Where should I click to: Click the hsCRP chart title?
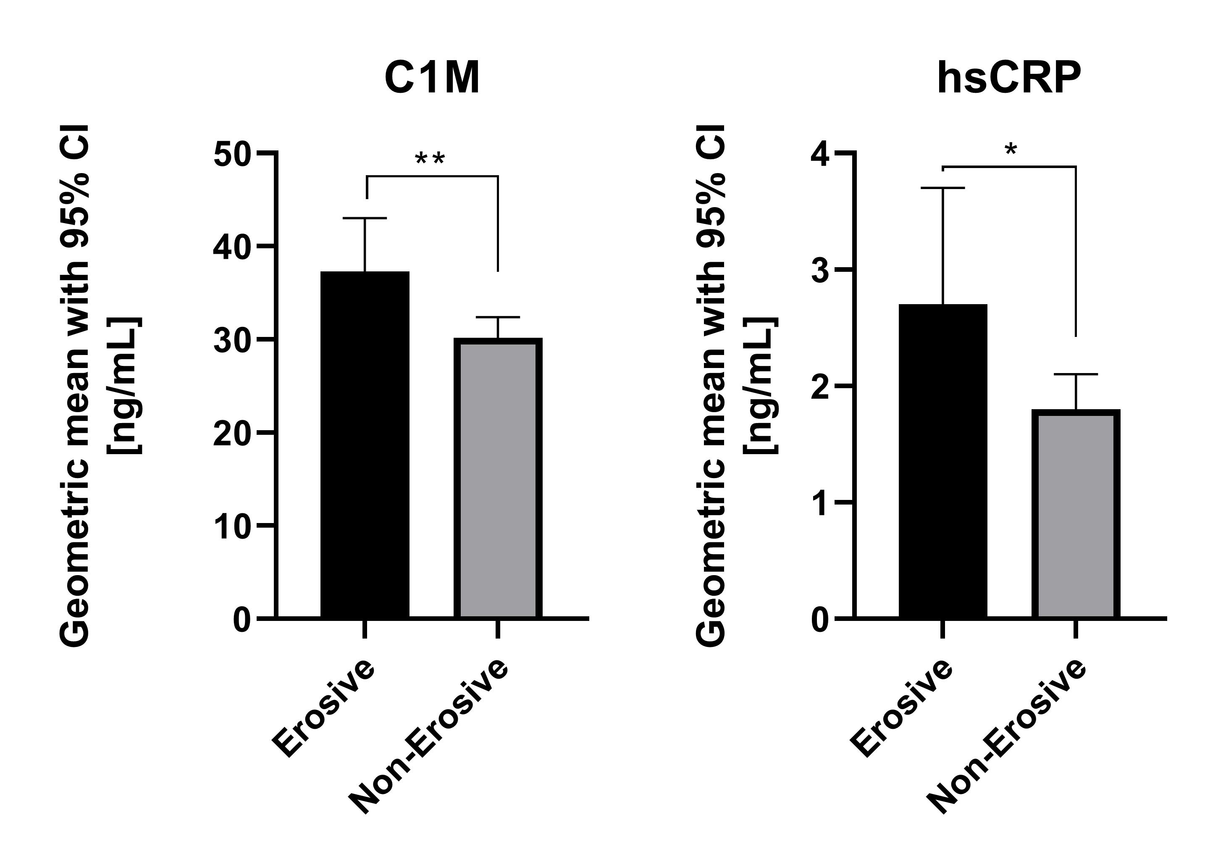click(1009, 79)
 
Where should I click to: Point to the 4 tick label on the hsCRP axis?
click(820, 155)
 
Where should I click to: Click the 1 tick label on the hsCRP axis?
click(820, 504)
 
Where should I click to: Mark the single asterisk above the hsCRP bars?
click(1010, 150)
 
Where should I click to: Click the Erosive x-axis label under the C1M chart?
click(323, 709)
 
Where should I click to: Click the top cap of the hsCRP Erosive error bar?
click(942, 188)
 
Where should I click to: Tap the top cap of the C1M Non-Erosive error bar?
click(498, 317)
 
